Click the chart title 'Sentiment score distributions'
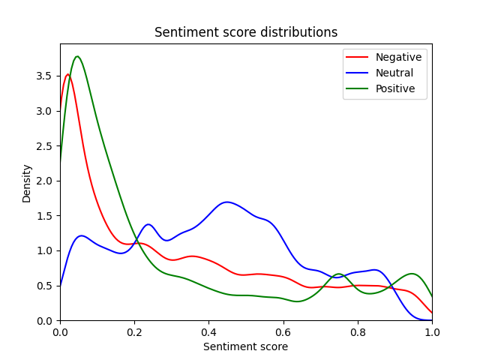245,32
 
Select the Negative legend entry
398,57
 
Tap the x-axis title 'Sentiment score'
245,346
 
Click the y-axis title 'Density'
27,183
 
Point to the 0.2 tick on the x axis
134,331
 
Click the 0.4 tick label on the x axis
208,331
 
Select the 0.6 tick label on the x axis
283,331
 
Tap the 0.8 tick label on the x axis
357,331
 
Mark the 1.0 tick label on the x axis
431,331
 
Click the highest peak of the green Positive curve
77,56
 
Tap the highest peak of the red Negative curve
67,74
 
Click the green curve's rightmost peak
411,274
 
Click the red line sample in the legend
358,57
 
